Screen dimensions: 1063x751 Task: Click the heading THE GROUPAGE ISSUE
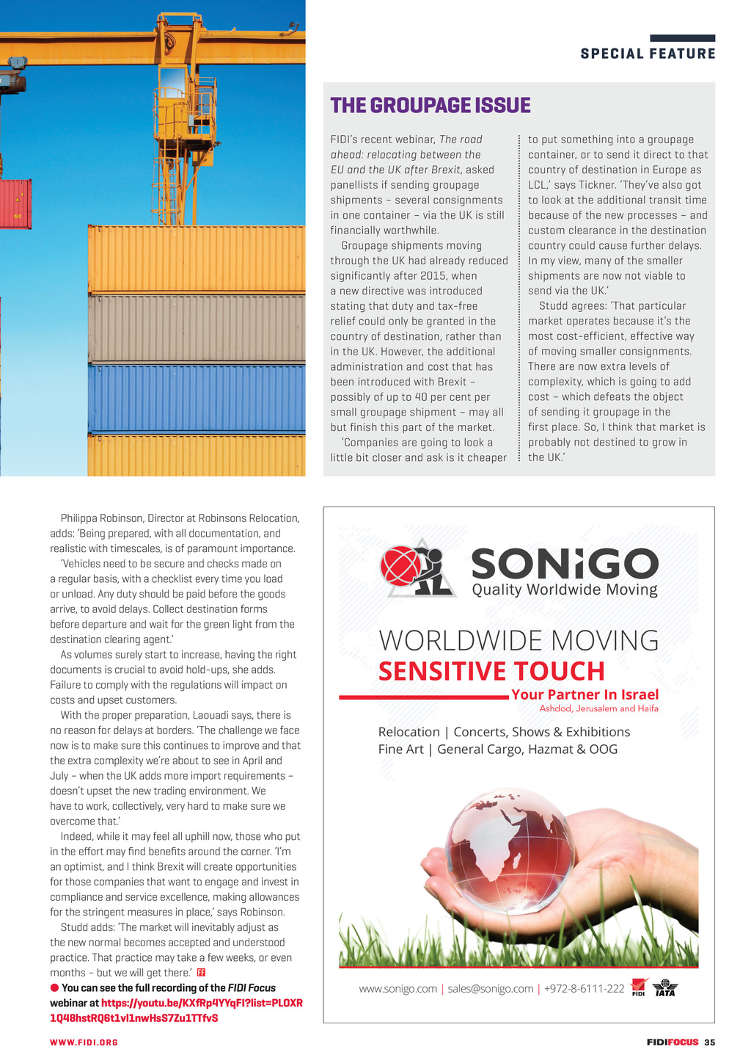pyautogui.click(x=431, y=106)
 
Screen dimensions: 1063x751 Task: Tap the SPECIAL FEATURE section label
pyautogui.click(x=648, y=54)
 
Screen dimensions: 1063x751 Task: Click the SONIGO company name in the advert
pyautogui.click(x=565, y=564)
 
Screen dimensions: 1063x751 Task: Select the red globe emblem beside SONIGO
pyautogui.click(x=401, y=566)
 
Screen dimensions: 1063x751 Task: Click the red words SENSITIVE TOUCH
pyautogui.click(x=491, y=672)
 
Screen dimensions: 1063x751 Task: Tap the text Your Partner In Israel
pyautogui.click(x=585, y=694)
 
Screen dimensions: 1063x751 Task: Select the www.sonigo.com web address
pyautogui.click(x=398, y=989)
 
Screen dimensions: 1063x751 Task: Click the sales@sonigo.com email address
pyautogui.click(x=490, y=989)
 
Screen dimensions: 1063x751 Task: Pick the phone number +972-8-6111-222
pyautogui.click(x=584, y=989)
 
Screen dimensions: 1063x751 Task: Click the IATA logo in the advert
pyautogui.click(x=664, y=988)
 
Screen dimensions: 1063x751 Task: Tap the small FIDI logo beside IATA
pyautogui.click(x=639, y=988)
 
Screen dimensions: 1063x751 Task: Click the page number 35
pyautogui.click(x=709, y=1042)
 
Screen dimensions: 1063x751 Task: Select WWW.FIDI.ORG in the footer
pyautogui.click(x=84, y=1042)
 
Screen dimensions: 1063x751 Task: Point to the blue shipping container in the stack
pyautogui.click(x=197, y=398)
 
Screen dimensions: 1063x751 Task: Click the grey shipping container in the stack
pyautogui.click(x=197, y=328)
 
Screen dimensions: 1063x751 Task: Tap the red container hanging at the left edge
pyautogui.click(x=15, y=203)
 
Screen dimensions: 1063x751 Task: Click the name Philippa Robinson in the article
pyautogui.click(x=102, y=518)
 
